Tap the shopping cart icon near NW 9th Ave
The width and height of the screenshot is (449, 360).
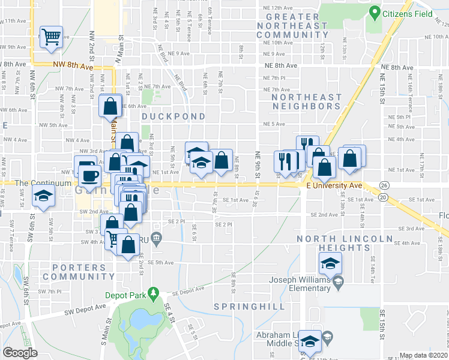tap(51, 37)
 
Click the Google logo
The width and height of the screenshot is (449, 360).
tap(20, 353)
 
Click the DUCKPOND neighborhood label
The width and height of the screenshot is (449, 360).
tap(173, 116)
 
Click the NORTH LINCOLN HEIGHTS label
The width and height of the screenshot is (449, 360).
tap(343, 243)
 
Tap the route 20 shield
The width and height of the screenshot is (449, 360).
tap(384, 197)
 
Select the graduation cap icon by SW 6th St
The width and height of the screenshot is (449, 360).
tap(43, 197)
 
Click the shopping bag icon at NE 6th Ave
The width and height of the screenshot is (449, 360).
tap(110, 107)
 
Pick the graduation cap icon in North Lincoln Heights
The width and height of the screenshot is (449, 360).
tap(329, 263)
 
